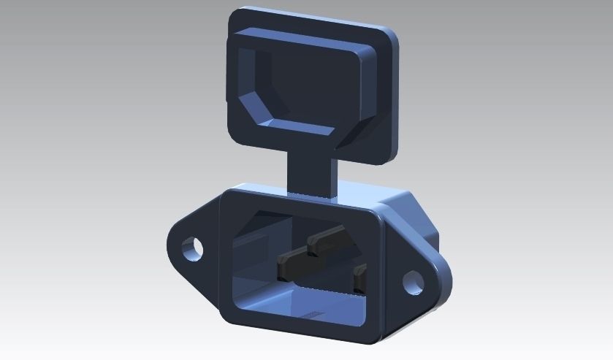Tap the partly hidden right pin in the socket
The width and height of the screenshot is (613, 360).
pyautogui.click(x=359, y=280)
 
